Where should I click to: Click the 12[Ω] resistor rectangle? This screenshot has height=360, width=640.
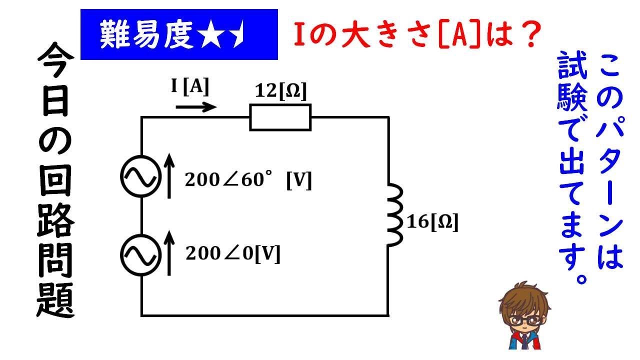click(280, 117)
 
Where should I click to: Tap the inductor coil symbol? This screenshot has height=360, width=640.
click(394, 215)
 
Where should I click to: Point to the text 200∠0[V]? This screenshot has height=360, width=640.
click(232, 254)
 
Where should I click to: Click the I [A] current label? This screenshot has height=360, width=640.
click(190, 87)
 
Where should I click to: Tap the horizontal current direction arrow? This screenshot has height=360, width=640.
click(196, 106)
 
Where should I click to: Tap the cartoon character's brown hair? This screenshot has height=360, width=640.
click(520, 300)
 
